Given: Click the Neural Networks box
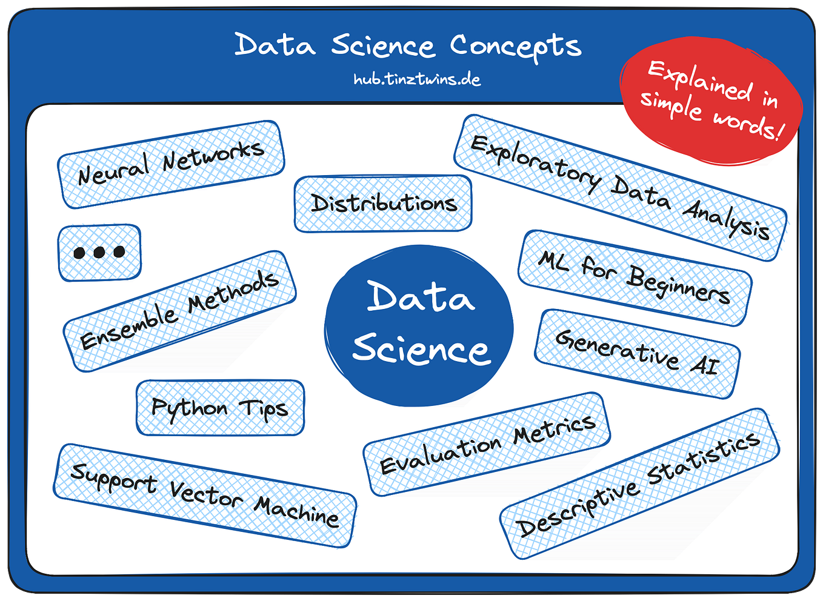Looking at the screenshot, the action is [x=171, y=164].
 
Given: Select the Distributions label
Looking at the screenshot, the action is [x=383, y=204].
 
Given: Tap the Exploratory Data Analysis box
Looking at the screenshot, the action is [x=620, y=188].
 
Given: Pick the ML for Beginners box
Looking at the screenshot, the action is [x=635, y=278].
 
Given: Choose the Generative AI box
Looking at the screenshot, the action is [x=637, y=354].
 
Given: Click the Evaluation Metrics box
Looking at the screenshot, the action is [x=487, y=444].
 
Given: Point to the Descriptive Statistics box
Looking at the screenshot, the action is [x=639, y=484].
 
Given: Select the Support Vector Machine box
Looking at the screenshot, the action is [x=205, y=496].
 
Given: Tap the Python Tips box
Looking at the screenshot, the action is [x=220, y=408].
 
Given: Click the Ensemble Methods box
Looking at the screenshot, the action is [x=179, y=311].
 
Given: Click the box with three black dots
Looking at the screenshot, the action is [x=99, y=253].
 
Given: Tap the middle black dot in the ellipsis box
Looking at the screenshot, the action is [x=99, y=253].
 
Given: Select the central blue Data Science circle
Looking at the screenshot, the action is [x=419, y=325].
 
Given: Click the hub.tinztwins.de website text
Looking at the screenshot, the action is [x=417, y=79].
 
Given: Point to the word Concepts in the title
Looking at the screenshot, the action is [x=516, y=47].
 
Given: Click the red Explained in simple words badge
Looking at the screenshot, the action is [x=711, y=101].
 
